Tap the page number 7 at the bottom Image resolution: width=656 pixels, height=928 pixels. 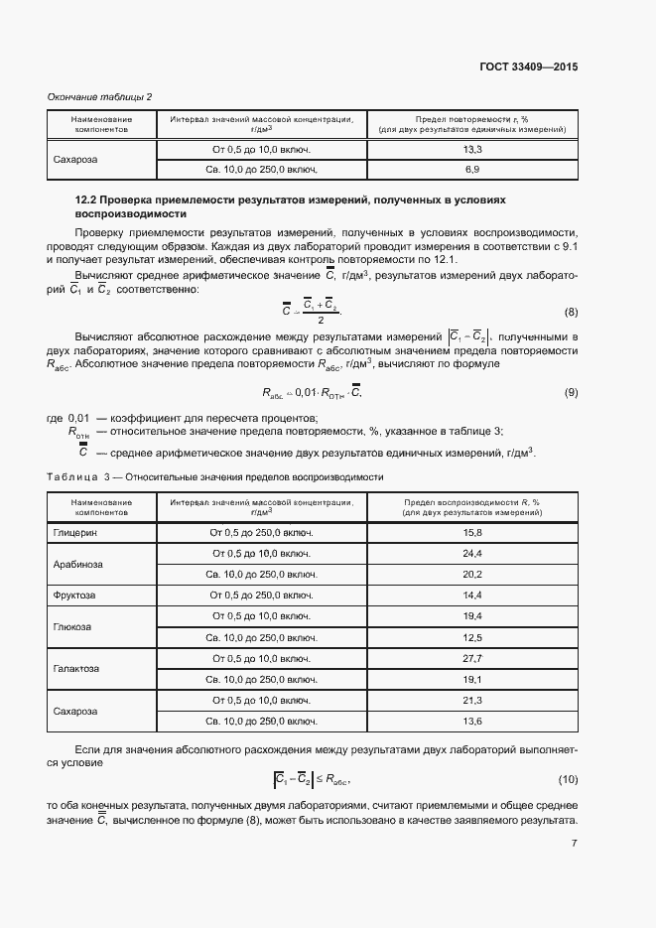pyautogui.click(x=575, y=844)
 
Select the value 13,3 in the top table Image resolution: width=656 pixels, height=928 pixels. pyautogui.click(x=471, y=149)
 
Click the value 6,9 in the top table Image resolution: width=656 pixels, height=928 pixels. pyautogui.click(x=471, y=170)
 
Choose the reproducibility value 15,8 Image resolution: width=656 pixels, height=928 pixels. pyautogui.click(x=471, y=533)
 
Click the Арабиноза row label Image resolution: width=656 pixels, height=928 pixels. pyautogui.click(x=78, y=564)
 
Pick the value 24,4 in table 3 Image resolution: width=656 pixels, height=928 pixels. pyautogui.click(x=471, y=553)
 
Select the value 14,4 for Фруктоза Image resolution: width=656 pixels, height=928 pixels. pyautogui.click(x=471, y=595)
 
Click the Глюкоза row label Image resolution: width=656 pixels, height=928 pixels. pyautogui.click(x=72, y=626)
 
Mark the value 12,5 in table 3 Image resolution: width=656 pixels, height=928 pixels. pyautogui.click(x=471, y=637)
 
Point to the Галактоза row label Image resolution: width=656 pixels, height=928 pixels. pyautogui.click(x=76, y=668)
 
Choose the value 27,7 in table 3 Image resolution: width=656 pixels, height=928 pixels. pyautogui.click(x=471, y=658)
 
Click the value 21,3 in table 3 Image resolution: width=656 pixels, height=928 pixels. pyautogui.click(x=471, y=700)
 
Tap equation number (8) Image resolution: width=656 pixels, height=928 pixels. pyautogui.click(x=571, y=313)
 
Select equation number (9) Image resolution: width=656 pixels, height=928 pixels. pyautogui.click(x=571, y=393)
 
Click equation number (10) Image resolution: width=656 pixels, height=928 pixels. pyautogui.click(x=568, y=779)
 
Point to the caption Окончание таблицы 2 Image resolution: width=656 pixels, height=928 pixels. pyautogui.click(x=100, y=96)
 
